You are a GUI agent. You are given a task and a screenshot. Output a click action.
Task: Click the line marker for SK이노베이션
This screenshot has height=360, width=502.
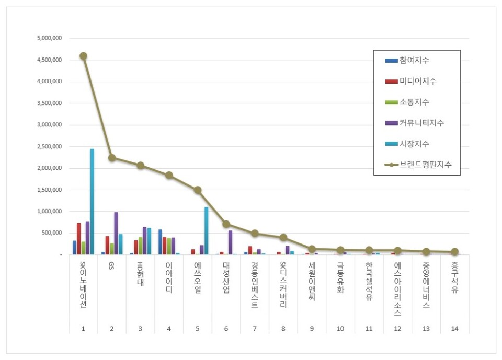pos(83,56)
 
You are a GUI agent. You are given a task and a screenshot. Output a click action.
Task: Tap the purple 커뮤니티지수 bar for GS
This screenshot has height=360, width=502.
pos(116,233)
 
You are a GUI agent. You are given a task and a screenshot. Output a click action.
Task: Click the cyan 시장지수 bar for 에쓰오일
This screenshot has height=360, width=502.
pos(206,230)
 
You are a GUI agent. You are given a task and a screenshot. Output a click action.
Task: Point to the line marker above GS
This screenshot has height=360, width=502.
pos(112,158)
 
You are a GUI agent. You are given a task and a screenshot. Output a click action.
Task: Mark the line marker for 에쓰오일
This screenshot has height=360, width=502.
pos(198,190)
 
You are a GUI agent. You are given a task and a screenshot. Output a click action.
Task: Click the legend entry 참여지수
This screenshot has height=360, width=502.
pos(414,61)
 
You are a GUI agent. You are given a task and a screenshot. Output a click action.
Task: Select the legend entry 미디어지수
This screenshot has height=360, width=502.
pos(417,81)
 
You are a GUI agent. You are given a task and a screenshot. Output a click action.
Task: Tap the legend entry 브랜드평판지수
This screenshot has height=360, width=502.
pos(425,165)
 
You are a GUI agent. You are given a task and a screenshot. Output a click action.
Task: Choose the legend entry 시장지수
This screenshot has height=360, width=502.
pos(414,144)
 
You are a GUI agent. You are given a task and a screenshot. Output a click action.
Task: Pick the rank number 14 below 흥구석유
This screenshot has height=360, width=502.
pos(454,329)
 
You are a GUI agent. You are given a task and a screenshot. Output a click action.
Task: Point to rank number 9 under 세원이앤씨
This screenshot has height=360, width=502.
pos(312,329)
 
